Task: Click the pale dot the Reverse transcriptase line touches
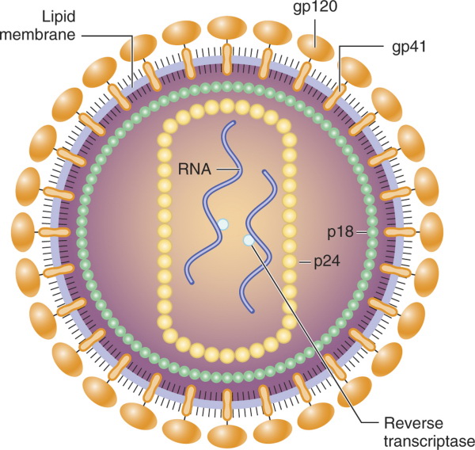pos(249,240)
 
